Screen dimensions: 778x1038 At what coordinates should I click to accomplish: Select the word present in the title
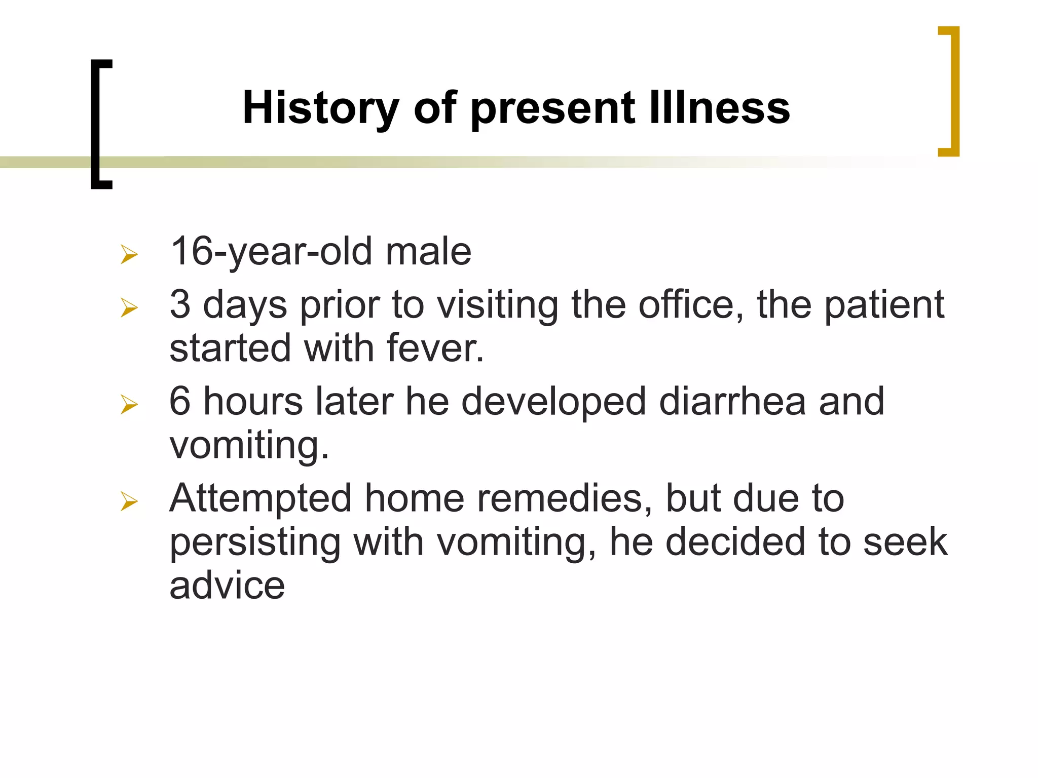[x=552, y=109]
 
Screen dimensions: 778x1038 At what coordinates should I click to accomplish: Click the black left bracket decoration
[x=95, y=124]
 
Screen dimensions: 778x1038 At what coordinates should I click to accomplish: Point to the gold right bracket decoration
[x=954, y=91]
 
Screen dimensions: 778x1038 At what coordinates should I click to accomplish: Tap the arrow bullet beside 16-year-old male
[x=129, y=254]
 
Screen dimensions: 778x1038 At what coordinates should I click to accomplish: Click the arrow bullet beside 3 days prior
[x=129, y=307]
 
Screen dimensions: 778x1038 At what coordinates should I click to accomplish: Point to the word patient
[x=884, y=305]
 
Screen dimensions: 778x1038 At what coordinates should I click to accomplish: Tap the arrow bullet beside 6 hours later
[x=129, y=404]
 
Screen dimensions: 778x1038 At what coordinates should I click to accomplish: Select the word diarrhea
[x=732, y=402]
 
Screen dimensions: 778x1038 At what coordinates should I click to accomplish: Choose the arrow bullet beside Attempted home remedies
[x=129, y=501]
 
